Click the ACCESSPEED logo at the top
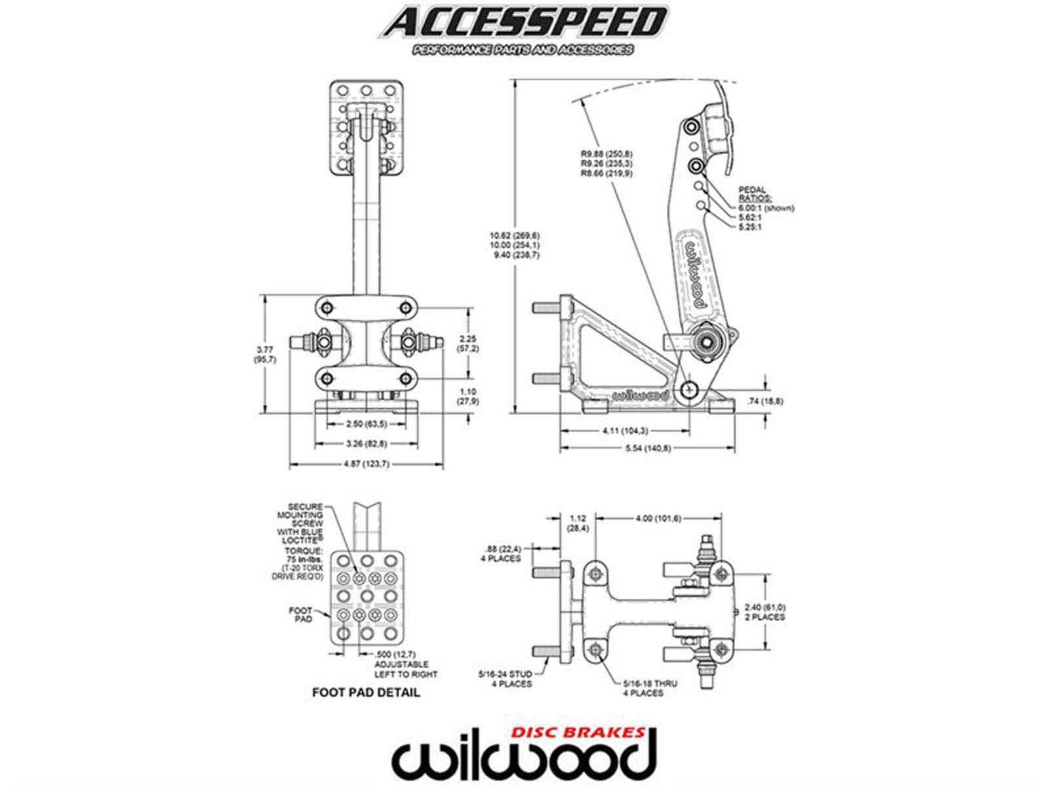[x=522, y=25]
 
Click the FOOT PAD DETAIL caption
[x=366, y=692]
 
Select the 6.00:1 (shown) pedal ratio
[x=765, y=208]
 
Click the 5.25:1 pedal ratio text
[x=750, y=227]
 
